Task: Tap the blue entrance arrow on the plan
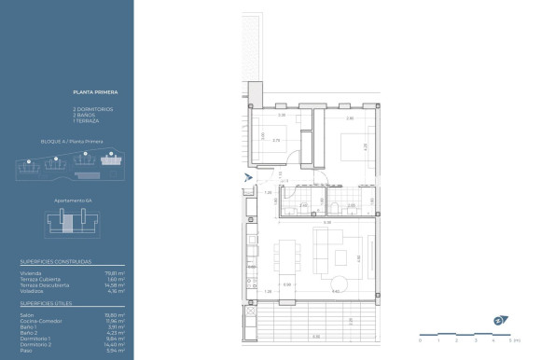[246, 176]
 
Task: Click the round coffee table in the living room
[340, 283]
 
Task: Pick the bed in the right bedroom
[358, 147]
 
